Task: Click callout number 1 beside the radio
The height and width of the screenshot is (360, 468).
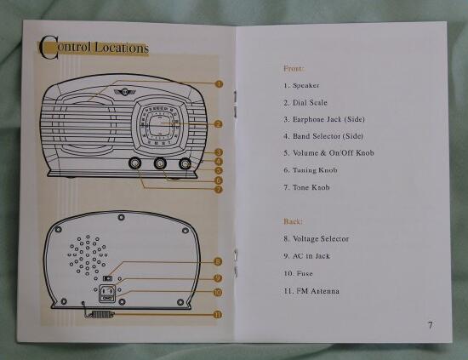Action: coord(219,84)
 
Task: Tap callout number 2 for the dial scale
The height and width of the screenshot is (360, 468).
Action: coord(219,124)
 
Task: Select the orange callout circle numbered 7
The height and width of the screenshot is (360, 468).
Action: coord(219,189)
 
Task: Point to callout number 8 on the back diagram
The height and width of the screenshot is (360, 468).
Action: coord(219,261)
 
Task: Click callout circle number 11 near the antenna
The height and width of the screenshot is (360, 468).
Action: coord(218,314)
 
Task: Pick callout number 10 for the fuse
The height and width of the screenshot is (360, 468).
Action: coord(218,292)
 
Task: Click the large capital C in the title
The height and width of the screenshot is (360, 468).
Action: coord(49,47)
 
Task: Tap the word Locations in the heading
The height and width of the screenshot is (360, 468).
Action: coord(122,48)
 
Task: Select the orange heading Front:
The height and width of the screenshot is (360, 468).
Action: coord(294,68)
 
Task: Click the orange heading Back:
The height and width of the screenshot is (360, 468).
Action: coord(293,221)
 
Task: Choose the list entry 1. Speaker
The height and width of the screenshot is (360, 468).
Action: coord(301,86)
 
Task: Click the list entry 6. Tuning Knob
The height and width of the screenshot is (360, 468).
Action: coord(311,170)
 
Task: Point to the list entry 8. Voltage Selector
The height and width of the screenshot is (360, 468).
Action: coord(316,239)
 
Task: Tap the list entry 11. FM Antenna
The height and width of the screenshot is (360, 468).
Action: coord(311,291)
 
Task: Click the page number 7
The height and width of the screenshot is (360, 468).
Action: coord(430,325)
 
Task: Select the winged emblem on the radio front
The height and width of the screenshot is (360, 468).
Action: coord(124,91)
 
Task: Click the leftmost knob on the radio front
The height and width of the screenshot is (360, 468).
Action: coord(135,163)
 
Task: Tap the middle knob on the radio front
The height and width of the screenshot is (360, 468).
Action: coord(160,163)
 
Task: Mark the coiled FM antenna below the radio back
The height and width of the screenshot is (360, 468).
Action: coord(100,314)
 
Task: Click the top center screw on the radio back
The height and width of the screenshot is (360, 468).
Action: coord(121,217)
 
